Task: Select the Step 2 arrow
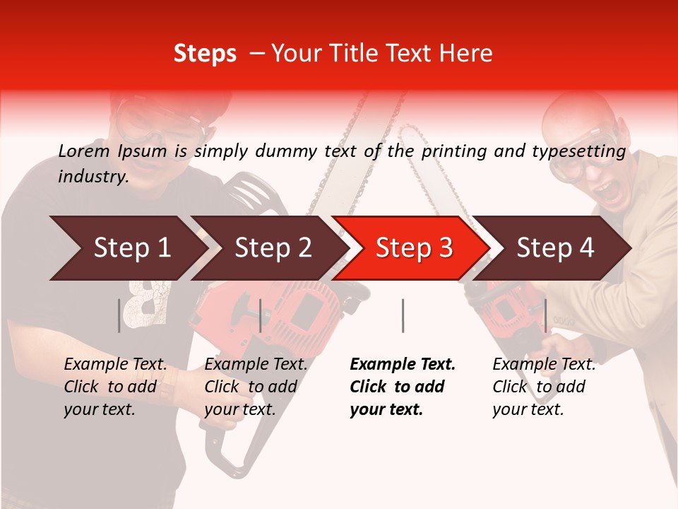pyautogui.click(x=268, y=248)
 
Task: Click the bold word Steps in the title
pyautogui.click(x=205, y=54)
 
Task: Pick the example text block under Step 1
pyautogui.click(x=115, y=387)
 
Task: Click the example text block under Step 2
pyautogui.click(x=256, y=387)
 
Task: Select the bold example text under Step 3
pyautogui.click(x=403, y=387)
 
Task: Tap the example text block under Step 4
pyautogui.click(x=544, y=387)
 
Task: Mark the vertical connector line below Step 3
pyautogui.click(x=403, y=315)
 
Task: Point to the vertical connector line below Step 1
pyautogui.click(x=119, y=315)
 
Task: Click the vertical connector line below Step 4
pyautogui.click(x=545, y=315)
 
